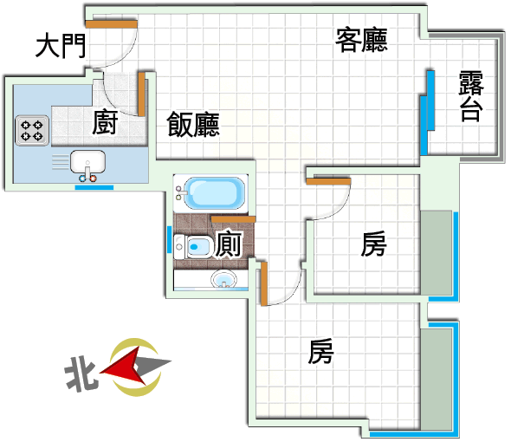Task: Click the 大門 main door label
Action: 61,46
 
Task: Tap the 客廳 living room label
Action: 362,40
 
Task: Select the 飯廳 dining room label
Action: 193,124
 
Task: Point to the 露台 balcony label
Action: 471,96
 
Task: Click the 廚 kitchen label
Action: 105,122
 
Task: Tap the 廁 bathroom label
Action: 229,244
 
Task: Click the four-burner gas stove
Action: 32,131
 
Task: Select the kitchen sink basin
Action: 88,161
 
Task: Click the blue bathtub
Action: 215,193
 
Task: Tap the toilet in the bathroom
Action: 193,246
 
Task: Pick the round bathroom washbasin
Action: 224,279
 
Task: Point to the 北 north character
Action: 81,374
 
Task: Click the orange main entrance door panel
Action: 111,23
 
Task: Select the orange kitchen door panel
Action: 142,94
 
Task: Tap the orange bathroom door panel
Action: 233,219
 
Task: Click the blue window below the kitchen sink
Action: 94,187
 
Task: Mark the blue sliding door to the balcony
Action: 428,113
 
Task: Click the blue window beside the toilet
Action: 170,239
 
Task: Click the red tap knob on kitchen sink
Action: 94,179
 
